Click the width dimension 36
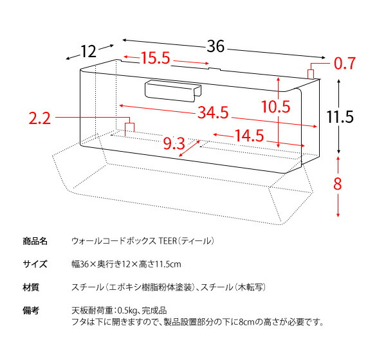click(216, 46)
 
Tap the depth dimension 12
click(88, 51)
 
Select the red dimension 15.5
click(155, 58)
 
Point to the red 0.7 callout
click(345, 64)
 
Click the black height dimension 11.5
click(340, 116)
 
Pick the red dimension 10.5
click(276, 107)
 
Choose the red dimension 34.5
click(213, 113)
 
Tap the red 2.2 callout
click(40, 118)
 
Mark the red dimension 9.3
click(174, 143)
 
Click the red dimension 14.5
click(250, 136)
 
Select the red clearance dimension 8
click(338, 184)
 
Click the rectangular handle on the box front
click(173, 91)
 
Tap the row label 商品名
click(35, 241)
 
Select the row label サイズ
click(35, 264)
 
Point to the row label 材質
click(31, 287)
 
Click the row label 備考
click(31, 310)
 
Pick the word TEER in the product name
click(167, 241)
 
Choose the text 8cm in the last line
click(246, 322)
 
